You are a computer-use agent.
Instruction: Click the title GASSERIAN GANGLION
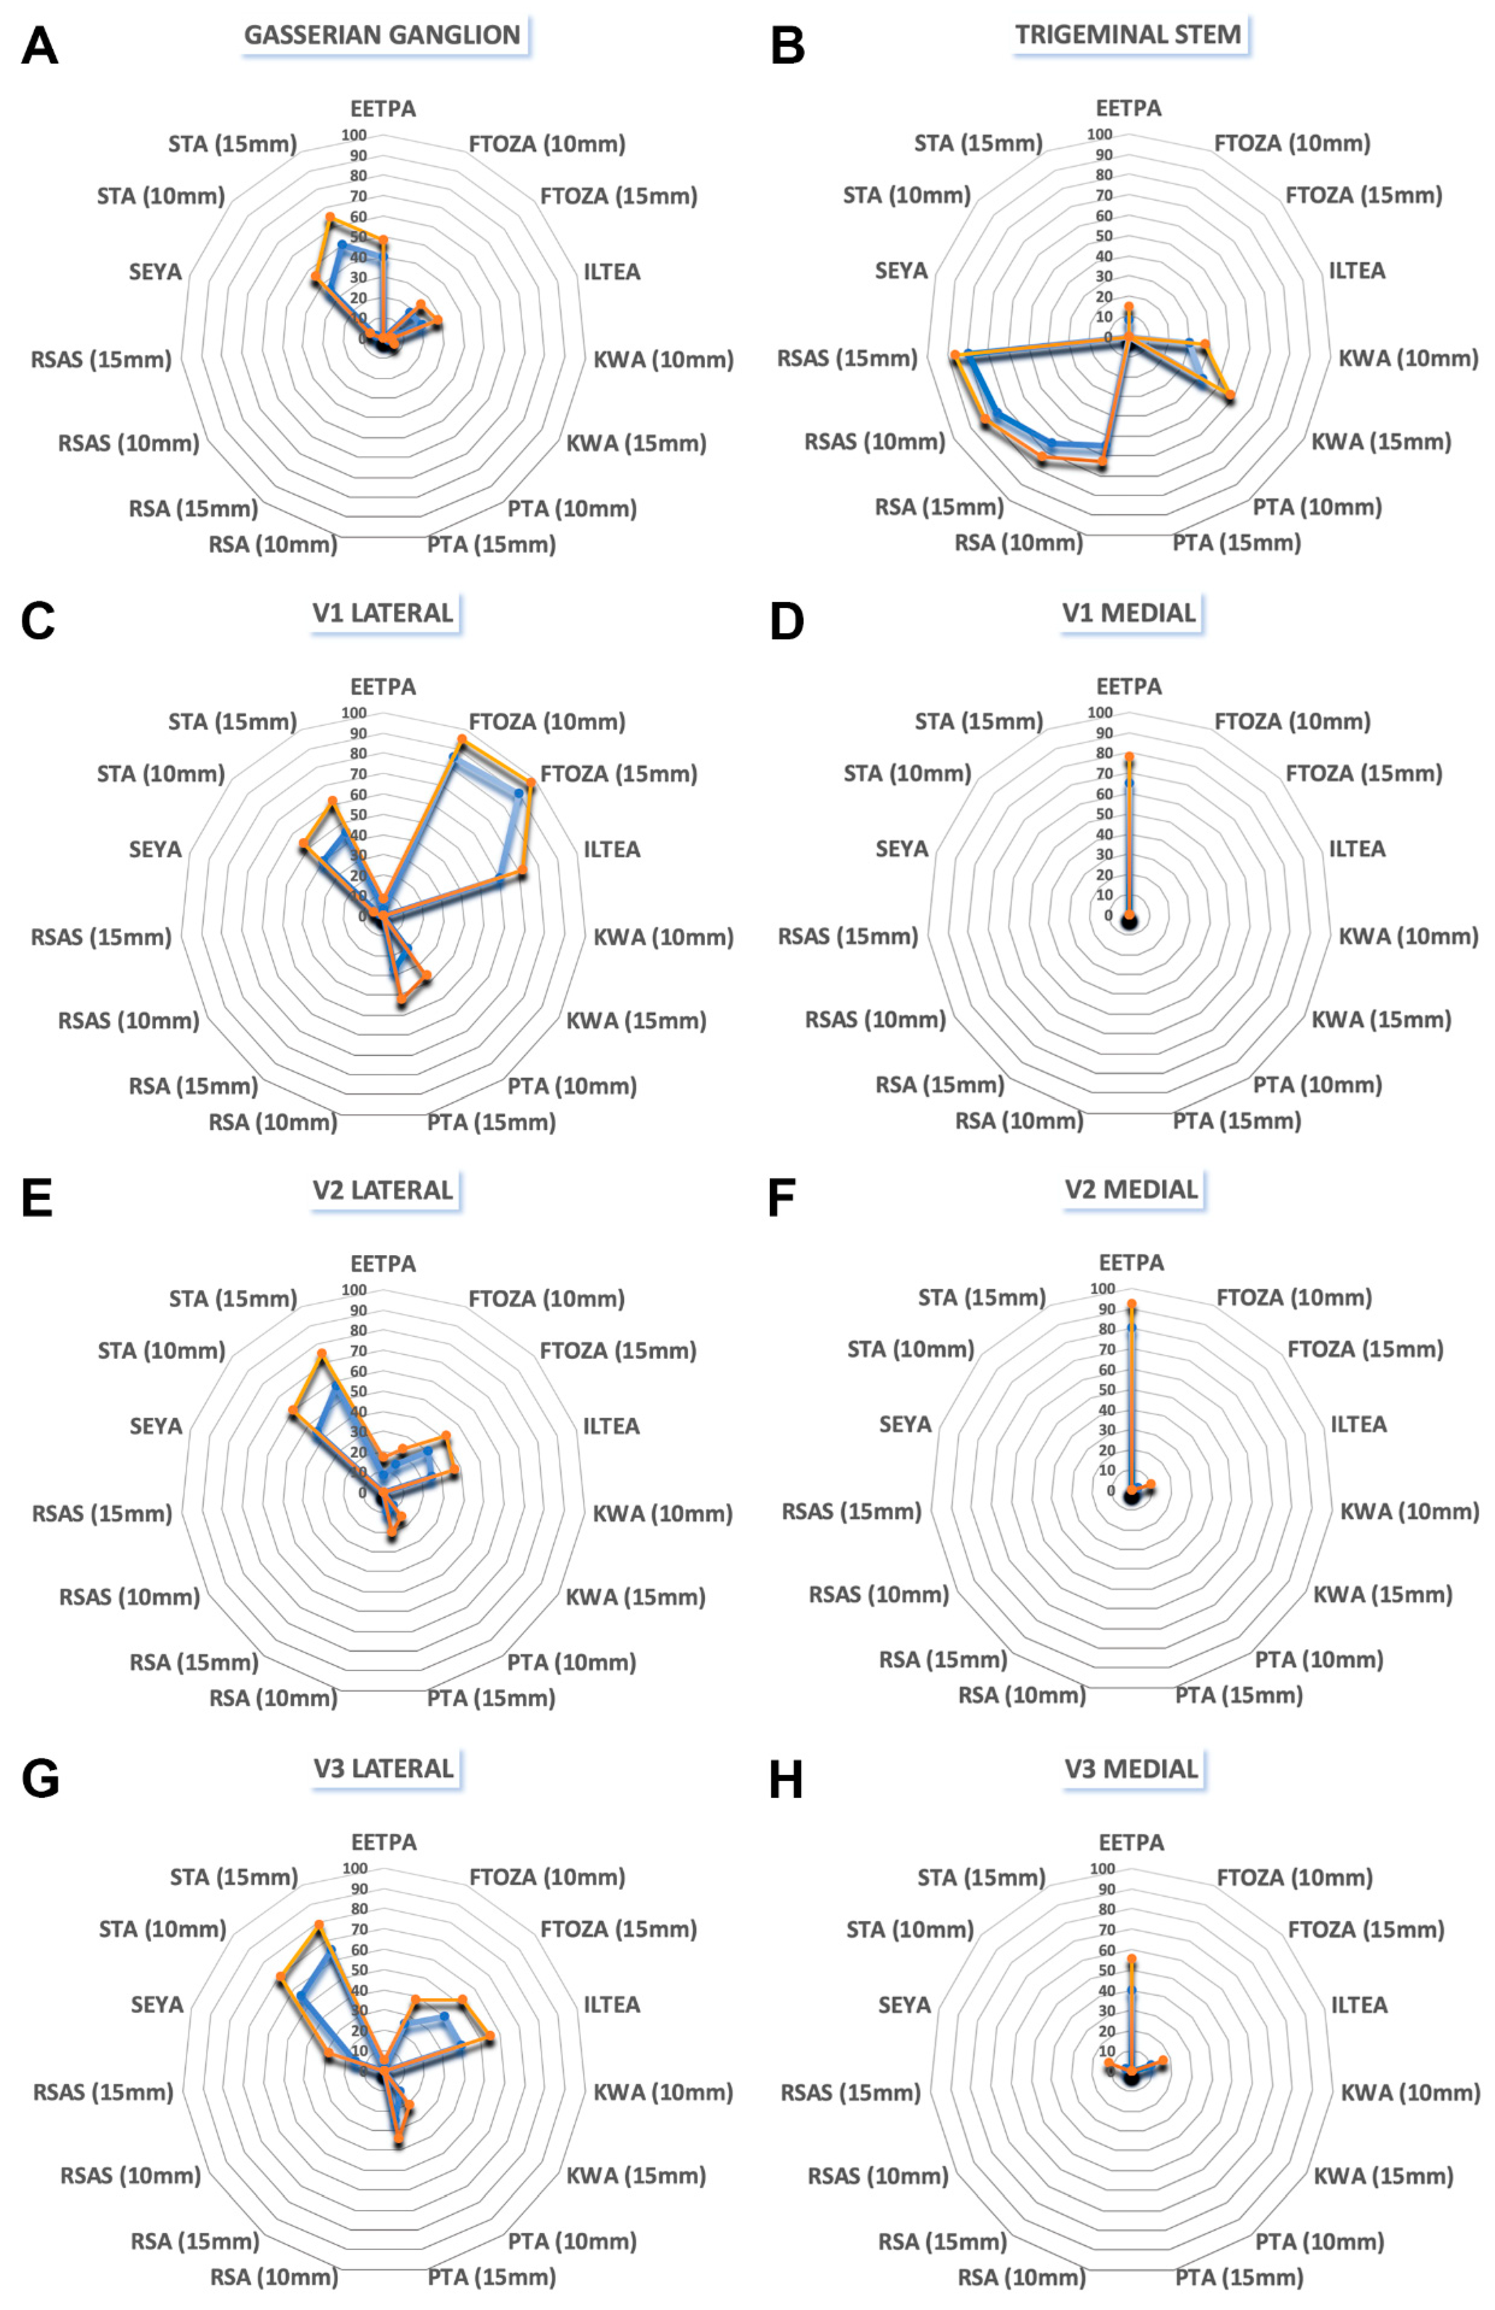[x=382, y=35]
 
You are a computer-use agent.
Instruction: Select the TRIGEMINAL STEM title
[x=1128, y=35]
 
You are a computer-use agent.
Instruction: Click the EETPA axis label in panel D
[x=1128, y=686]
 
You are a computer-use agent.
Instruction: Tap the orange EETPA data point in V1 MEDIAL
[x=1129, y=756]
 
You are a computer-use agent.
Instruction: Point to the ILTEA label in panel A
[x=611, y=272]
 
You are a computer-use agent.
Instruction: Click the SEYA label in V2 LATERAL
[x=156, y=1426]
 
